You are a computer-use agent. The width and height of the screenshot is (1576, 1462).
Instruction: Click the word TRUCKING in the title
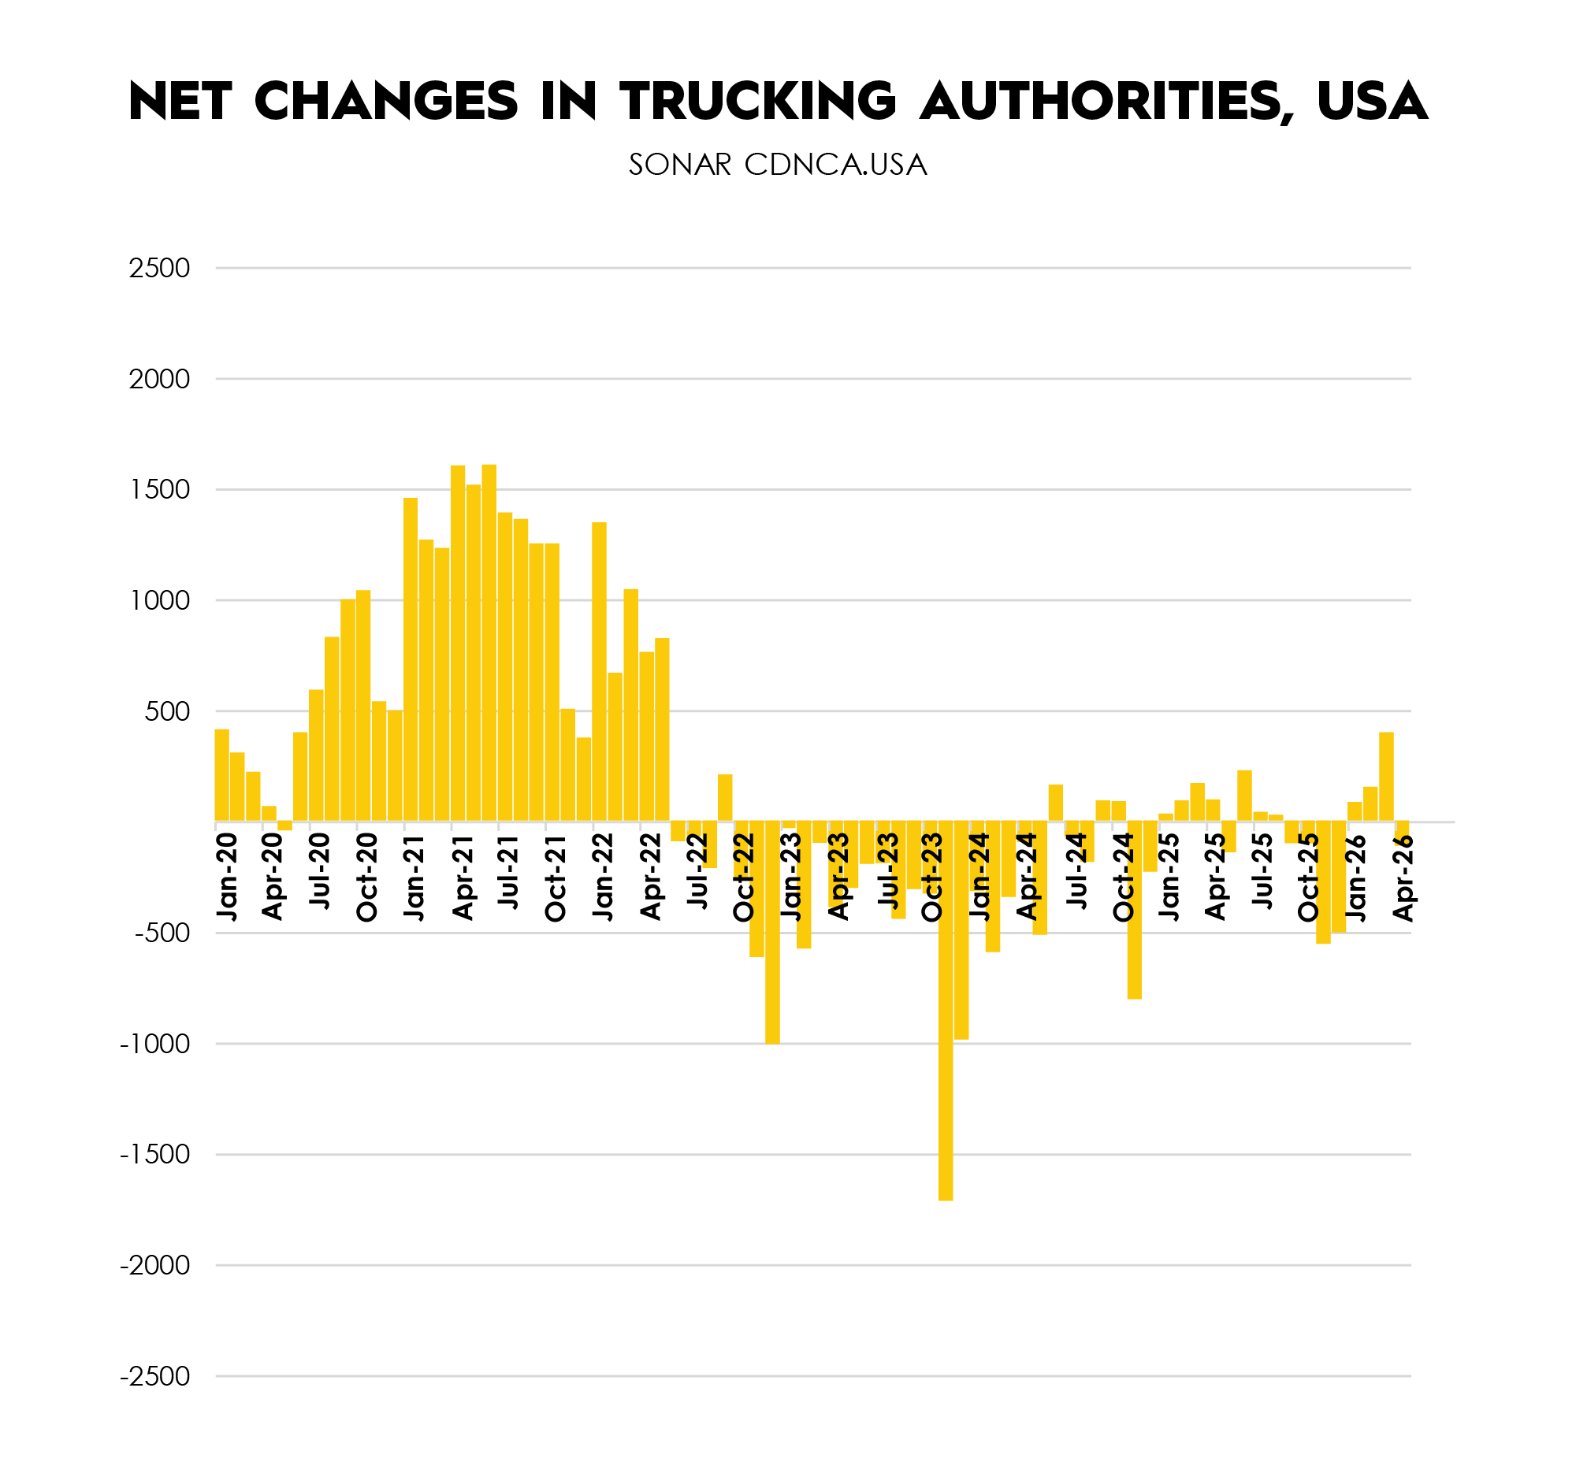tap(757, 102)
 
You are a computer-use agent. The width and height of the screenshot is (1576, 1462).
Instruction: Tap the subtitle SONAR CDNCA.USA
tap(777, 165)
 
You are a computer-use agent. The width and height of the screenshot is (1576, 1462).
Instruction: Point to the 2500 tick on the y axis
tap(160, 268)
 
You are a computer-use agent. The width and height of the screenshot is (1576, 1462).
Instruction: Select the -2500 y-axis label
tap(155, 1377)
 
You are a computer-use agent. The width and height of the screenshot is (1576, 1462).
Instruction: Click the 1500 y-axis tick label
tap(160, 490)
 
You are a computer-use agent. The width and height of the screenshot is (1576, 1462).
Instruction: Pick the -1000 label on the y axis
tap(155, 1045)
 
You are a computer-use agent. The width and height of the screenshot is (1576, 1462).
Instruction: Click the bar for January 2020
tap(221, 775)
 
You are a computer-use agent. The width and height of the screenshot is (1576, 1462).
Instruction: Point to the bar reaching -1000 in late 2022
tap(771, 933)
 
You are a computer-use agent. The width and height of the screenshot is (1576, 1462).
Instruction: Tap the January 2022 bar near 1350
tap(599, 673)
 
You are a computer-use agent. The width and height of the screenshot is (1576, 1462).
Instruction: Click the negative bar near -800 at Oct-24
tap(1133, 911)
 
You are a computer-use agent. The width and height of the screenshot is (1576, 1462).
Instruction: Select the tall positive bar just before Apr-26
tap(1386, 777)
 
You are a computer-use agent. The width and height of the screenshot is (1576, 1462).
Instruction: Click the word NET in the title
tap(180, 102)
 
